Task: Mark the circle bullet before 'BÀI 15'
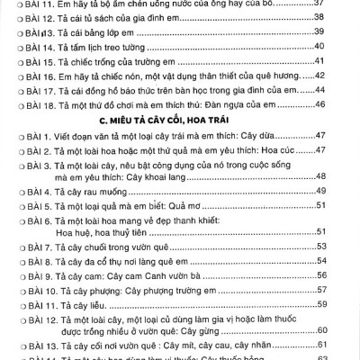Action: point(8,59)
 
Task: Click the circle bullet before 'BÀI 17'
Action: point(8,90)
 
